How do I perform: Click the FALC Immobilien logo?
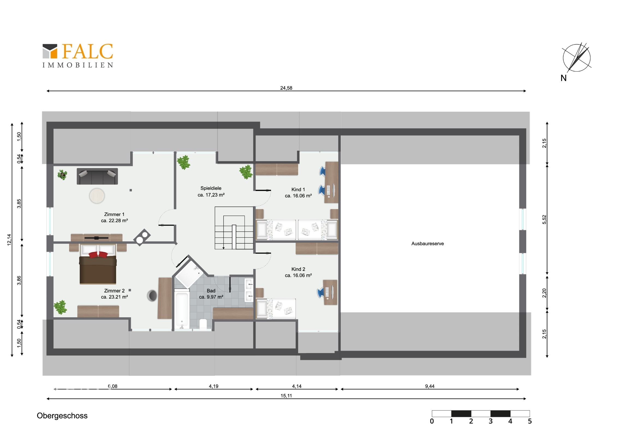(x=78, y=55)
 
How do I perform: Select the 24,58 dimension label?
(x=286, y=88)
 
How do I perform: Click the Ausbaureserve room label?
(x=428, y=244)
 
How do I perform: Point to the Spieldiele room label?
(x=211, y=188)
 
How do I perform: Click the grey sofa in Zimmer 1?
(x=97, y=176)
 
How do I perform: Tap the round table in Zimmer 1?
(x=97, y=196)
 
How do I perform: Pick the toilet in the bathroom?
(x=203, y=324)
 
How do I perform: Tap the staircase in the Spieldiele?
(x=234, y=228)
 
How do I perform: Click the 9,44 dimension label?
(x=430, y=386)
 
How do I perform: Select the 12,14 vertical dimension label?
(x=9, y=240)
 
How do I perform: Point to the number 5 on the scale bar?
(x=530, y=421)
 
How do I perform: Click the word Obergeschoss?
(x=62, y=416)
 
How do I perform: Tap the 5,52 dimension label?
(x=544, y=220)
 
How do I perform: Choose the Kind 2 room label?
(x=298, y=269)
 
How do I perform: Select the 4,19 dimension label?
(x=214, y=386)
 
